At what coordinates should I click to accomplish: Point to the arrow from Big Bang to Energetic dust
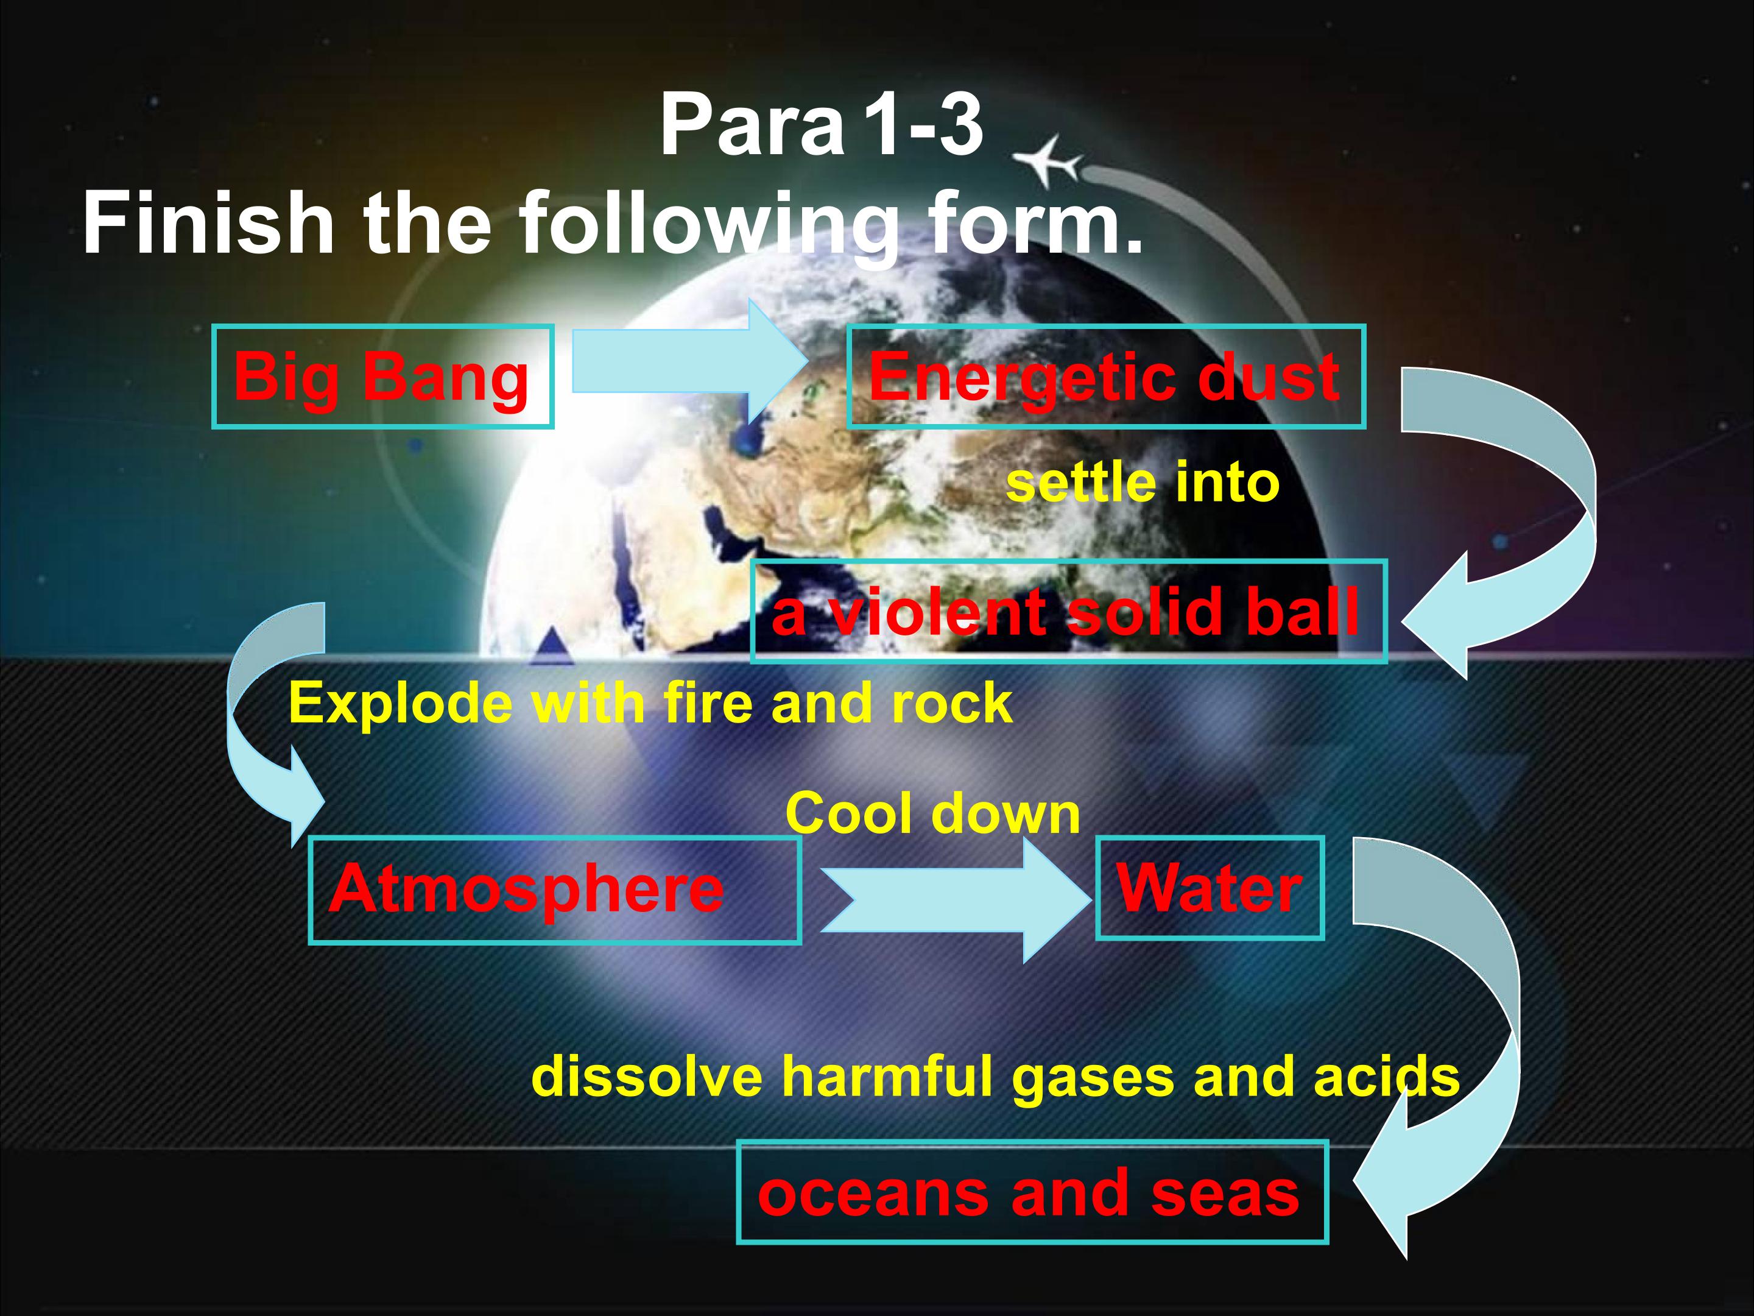point(690,362)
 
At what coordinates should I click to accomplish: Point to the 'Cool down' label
point(932,814)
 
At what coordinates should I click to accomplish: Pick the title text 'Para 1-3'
point(822,126)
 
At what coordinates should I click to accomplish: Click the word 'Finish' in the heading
point(208,223)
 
